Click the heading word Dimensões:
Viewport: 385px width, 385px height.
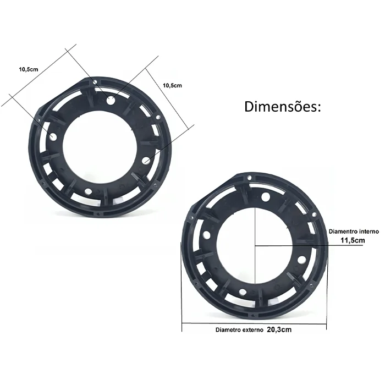tap(282, 107)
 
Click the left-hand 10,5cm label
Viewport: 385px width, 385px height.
tap(29, 69)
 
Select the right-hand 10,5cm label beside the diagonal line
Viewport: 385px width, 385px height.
tap(172, 85)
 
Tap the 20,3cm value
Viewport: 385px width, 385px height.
tap(279, 329)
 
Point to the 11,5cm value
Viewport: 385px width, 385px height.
tap(353, 240)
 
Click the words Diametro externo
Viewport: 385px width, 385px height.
tap(239, 330)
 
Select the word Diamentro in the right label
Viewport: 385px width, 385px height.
tap(343, 232)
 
